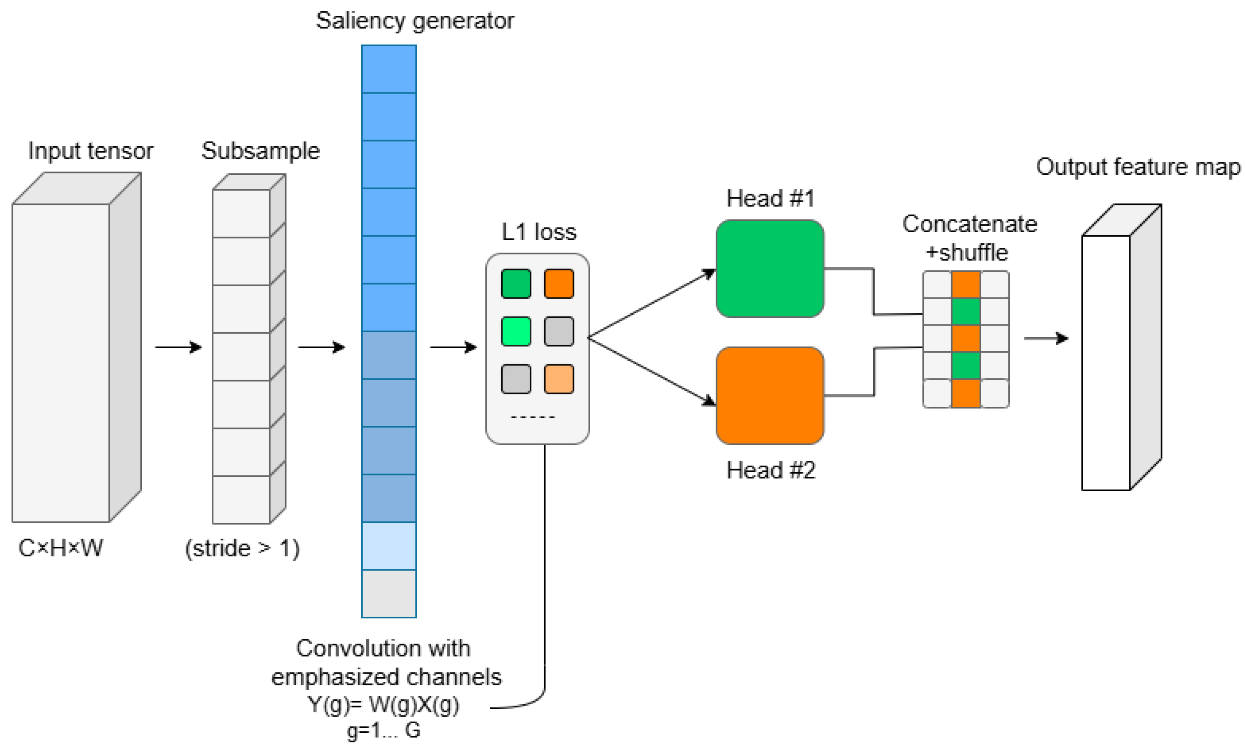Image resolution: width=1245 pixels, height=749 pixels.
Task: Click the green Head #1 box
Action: coord(769,268)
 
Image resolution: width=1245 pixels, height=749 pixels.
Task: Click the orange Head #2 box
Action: coord(769,395)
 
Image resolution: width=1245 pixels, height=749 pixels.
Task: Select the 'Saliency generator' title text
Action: coord(415,21)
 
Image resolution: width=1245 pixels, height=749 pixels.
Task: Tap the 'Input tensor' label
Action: coord(90,151)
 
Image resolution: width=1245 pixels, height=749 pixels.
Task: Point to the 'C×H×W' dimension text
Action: coord(61,548)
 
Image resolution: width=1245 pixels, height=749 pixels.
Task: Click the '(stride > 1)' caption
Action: coord(242,548)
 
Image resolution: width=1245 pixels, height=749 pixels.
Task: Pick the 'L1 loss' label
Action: coord(538,232)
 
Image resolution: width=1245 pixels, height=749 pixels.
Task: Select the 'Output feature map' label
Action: coord(1138,167)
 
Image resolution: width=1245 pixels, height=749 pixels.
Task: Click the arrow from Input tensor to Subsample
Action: coord(177,347)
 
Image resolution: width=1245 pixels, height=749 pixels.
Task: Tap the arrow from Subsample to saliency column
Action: coord(321,347)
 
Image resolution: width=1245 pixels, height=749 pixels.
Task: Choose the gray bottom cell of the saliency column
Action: coord(389,593)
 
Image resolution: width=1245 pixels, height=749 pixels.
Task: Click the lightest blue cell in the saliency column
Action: coord(389,545)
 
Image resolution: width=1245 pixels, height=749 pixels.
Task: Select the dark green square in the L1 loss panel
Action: coord(516,284)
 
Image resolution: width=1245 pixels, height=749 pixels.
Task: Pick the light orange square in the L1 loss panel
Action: coord(559,378)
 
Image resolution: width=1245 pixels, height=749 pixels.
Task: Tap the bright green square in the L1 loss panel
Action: coord(516,331)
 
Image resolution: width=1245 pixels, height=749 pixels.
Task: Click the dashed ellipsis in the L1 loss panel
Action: coord(532,417)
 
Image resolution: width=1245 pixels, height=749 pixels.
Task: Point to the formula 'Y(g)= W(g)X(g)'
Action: coord(383,705)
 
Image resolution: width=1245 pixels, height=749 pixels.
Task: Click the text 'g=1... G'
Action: coord(383,730)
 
